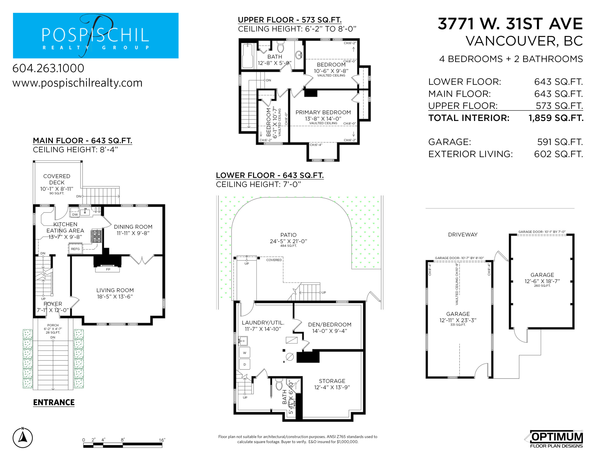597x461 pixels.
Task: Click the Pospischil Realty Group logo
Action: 96,35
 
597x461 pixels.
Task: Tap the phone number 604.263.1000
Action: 48,68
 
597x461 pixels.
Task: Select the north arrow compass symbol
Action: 23,437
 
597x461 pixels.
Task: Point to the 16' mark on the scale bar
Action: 162,440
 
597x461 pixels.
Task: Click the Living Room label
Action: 115,293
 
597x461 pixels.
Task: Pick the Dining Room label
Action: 133,230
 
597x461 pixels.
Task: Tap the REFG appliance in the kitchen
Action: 76,249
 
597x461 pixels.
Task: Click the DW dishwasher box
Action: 75,214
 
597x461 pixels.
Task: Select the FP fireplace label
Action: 108,269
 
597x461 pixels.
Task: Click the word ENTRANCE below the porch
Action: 54,402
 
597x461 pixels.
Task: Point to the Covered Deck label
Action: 57,182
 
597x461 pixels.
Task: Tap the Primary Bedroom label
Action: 323,116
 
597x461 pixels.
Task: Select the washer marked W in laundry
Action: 245,353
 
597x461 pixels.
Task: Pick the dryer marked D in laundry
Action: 245,364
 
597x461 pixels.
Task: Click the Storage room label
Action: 332,384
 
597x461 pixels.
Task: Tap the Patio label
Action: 288,238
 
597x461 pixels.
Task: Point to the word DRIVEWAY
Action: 463,234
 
